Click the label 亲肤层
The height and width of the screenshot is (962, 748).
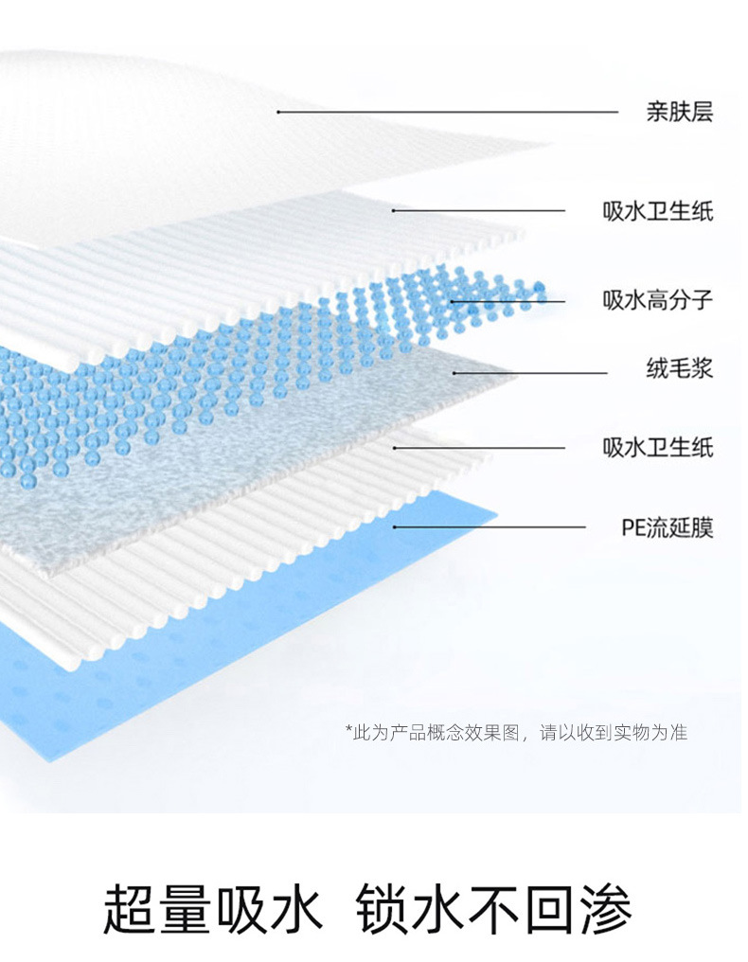point(679,113)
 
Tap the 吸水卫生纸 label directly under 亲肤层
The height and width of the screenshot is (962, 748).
point(658,210)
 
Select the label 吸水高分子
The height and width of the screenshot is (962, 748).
point(658,301)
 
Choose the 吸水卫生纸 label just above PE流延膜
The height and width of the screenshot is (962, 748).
point(658,447)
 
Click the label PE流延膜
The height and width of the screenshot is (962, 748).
point(667,527)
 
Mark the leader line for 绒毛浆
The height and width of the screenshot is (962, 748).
point(530,372)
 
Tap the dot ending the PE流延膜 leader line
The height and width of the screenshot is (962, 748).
point(394,527)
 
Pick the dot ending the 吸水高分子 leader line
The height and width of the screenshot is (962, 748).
point(453,301)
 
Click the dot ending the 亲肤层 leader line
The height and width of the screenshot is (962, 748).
point(278,113)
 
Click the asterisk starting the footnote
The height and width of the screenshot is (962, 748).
point(347,730)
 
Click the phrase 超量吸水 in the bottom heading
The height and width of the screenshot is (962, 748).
point(212,910)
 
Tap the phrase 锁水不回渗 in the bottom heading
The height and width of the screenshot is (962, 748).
point(494,910)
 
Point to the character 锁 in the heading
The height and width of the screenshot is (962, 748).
point(384,910)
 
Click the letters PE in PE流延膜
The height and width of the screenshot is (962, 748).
point(632,527)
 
